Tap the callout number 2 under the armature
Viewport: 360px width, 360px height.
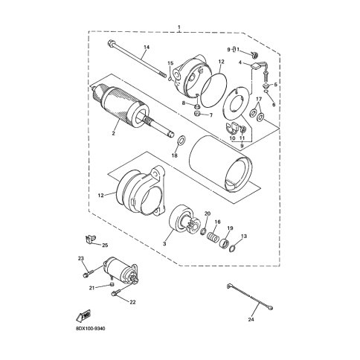[113, 133]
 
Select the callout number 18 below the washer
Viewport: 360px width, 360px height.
[175, 155]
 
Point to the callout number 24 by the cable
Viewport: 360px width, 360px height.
[251, 320]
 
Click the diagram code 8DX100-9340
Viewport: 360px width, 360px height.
[91, 329]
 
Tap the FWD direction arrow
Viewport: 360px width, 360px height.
[84, 316]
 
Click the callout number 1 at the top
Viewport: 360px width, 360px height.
[179, 27]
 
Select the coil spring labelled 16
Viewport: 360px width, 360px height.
[213, 237]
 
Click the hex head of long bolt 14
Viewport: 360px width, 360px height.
[111, 44]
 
